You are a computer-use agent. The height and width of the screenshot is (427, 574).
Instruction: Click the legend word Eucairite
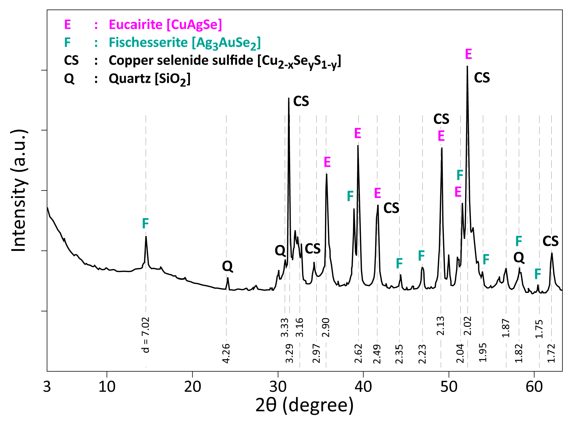point(135,24)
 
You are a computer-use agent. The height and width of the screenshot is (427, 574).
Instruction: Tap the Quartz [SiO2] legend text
point(149,79)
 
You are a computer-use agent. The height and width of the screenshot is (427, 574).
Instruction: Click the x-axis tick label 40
point(363,387)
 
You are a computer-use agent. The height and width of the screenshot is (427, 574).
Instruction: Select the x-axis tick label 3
point(47,387)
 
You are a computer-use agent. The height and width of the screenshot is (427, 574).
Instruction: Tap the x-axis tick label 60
point(534,387)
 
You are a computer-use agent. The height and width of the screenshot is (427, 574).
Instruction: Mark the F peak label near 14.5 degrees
point(145,223)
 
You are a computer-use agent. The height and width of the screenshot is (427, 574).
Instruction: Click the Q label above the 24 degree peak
point(227,266)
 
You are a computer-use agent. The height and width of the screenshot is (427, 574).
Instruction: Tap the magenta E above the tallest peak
point(468,54)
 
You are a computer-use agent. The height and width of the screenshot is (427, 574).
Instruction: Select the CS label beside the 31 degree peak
point(301,101)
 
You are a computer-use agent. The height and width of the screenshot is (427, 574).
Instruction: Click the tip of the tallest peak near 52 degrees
point(467,66)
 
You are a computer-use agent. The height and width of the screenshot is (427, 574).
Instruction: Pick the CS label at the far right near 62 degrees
point(550,241)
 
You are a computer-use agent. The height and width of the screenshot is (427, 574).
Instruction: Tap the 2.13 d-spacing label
point(440,326)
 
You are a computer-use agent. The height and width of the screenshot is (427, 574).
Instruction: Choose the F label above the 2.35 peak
point(399,263)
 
